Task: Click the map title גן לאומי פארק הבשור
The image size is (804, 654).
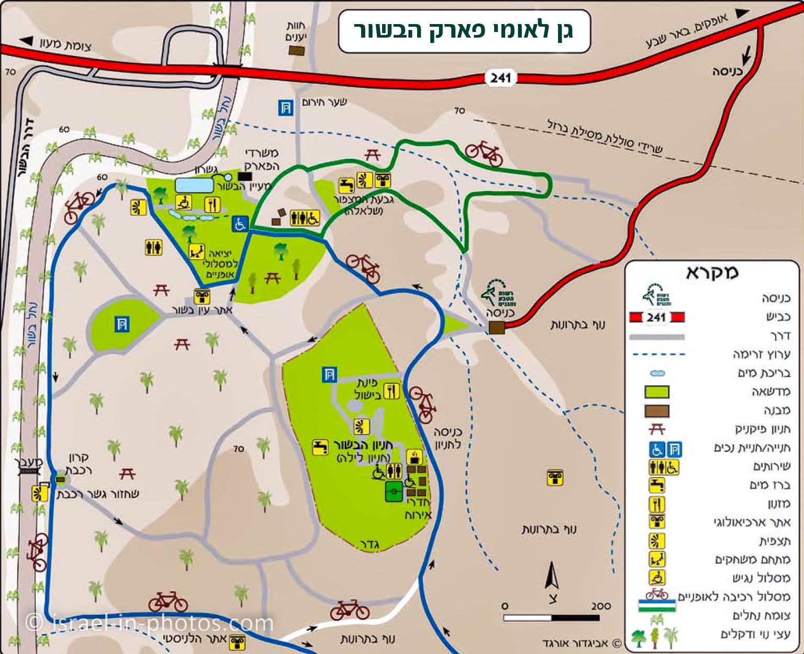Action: (464, 30)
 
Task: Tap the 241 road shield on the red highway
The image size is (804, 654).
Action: (500, 78)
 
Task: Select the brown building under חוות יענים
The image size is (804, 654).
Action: (296, 50)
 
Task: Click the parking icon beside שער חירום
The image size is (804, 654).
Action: (285, 108)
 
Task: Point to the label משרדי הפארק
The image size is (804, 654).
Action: (262, 160)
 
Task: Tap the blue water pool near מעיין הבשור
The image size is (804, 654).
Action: (194, 185)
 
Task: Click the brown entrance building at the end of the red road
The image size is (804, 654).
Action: (496, 328)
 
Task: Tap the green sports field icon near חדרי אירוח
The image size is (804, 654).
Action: (394, 492)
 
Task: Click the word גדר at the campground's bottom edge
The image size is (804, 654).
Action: (369, 545)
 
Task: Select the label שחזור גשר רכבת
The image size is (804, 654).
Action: (98, 494)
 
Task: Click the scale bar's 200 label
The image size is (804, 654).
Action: (601, 606)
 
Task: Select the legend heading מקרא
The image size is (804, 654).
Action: (712, 272)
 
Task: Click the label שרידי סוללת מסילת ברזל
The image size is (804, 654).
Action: (605, 137)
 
